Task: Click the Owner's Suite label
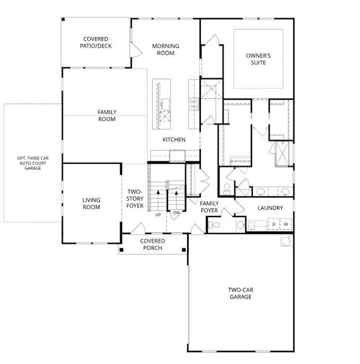pos(258,59)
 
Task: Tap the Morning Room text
pos(166,50)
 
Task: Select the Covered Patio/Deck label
pos(96,42)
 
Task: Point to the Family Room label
pos(107,116)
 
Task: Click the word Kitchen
pos(174,140)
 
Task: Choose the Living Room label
pos(91,204)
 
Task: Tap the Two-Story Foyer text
pos(135,199)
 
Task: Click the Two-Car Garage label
pos(240,293)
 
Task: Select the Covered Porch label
pos(152,244)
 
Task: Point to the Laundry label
pos(270,207)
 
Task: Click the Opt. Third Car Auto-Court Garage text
pos(33,163)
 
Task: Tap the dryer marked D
pos(274,224)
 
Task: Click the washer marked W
pos(286,224)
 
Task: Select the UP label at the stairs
pos(158,215)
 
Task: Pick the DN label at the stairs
pos(176,213)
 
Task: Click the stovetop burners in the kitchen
pos(193,104)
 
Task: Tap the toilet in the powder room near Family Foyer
pos(214,224)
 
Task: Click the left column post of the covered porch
pos(121,250)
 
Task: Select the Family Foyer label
pos(209,207)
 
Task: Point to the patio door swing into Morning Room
pos(135,50)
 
